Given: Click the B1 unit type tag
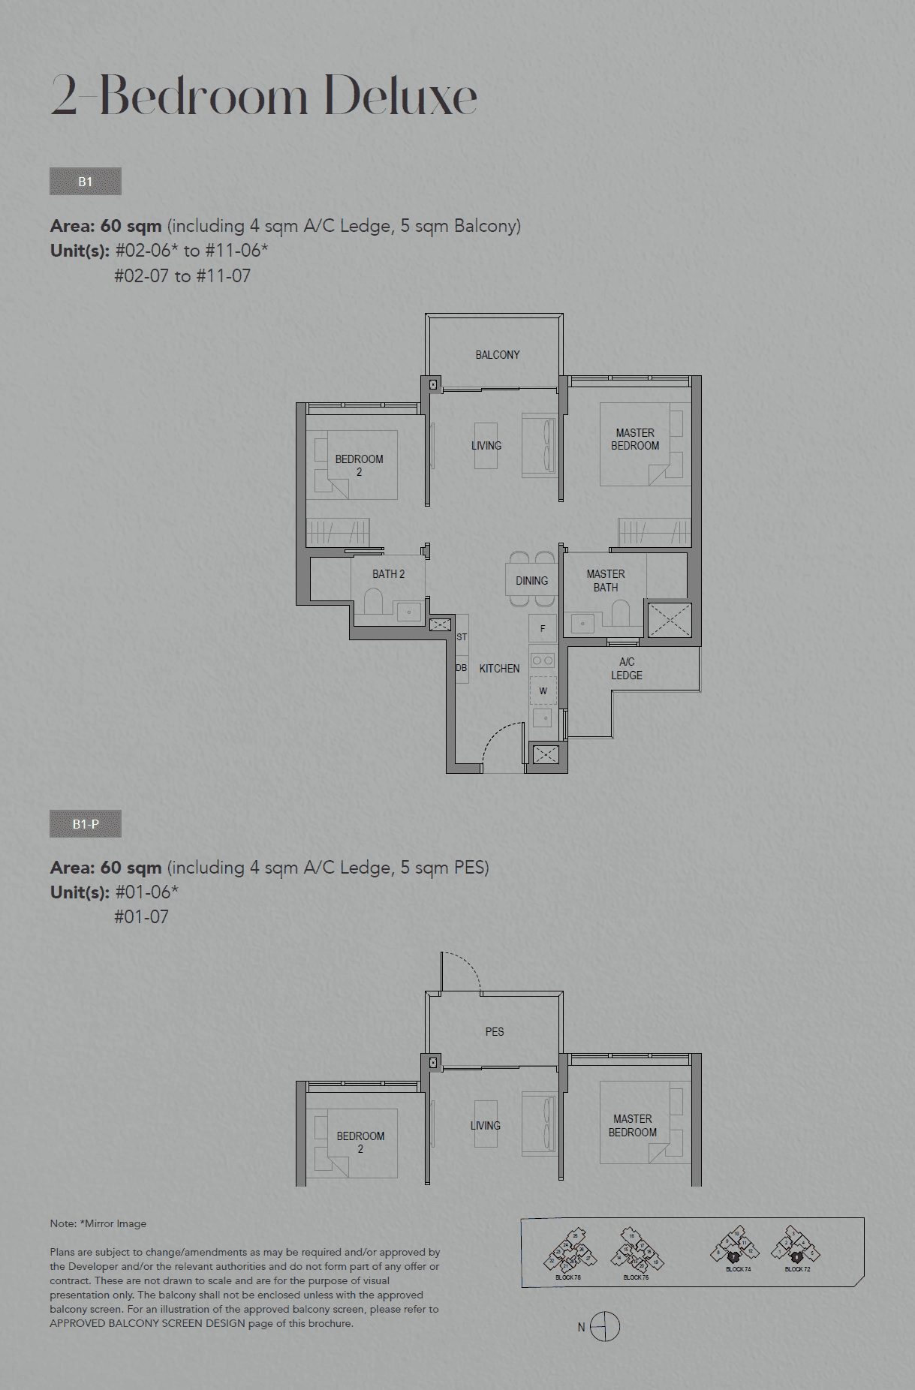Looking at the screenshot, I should pos(85,182).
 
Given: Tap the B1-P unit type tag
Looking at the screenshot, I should pos(85,824).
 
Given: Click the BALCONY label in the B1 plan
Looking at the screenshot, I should pos(497,355).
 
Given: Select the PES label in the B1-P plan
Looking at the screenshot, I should pos(495,1032).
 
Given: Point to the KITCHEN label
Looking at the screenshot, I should pos(499,669).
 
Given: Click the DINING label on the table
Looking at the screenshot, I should pos(531,581).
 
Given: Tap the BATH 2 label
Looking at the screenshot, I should pos(388,574).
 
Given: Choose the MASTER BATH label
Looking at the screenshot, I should pos(606,581).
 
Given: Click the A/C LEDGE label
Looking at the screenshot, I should pos(627,669).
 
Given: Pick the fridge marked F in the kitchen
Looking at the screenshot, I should pos(543,629).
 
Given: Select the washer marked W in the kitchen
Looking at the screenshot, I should pos(543,690).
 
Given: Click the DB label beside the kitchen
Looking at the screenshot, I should pos(461,668).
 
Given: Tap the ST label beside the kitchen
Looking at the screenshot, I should pos(462,637).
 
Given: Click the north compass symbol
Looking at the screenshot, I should pos(604,1327).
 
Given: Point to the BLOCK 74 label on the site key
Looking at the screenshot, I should pos(738,1269).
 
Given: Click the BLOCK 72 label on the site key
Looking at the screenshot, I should pos(797,1269).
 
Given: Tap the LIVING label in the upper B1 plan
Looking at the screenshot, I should pos(486,446).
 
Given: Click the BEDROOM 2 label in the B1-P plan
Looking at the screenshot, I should pos(360,1142).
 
